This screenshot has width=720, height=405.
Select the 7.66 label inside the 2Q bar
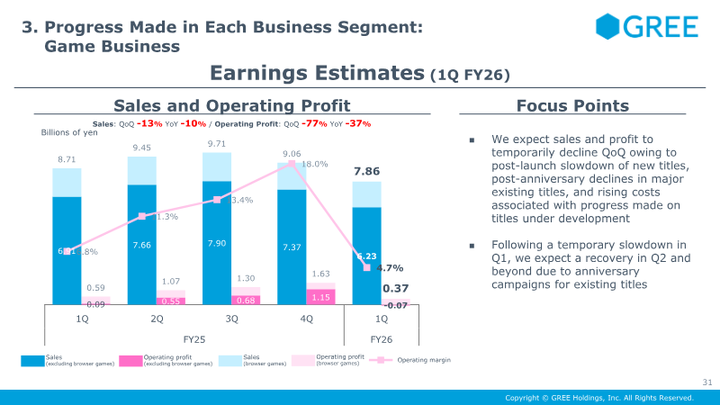pos(142,245)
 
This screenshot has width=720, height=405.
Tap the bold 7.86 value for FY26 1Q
pos(367,171)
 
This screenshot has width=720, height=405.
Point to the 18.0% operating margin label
pos(314,165)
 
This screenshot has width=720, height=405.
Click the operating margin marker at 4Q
pos(292,164)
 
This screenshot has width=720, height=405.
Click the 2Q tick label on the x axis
pos(157,319)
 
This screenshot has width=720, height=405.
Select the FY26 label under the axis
pos(382,340)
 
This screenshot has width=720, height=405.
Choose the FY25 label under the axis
pos(194,340)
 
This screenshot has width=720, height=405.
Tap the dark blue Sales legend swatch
pos(31,361)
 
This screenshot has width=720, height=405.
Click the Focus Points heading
pos(572,106)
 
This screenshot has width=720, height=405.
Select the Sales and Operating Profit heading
pos(231,106)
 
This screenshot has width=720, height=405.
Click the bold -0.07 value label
pos(396,306)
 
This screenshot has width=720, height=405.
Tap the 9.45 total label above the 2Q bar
pos(142,148)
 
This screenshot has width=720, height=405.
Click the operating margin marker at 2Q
pos(142,216)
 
